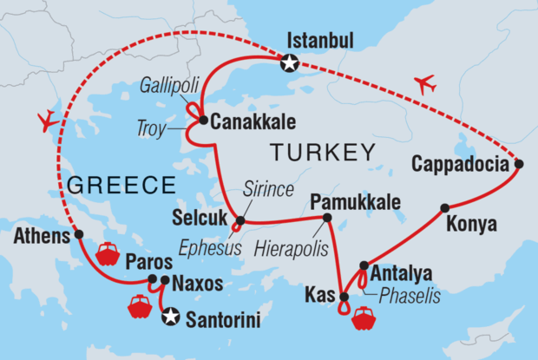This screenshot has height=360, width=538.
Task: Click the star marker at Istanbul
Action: coord(290,62)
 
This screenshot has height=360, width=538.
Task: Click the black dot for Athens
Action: coord(79,234)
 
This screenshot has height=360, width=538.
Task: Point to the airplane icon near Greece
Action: coord(49,120)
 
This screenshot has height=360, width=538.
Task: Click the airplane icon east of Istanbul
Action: coord(424,85)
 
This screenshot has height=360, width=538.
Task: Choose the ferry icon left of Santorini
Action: coord(140,306)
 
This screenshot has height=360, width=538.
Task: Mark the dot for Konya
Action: coord(444,207)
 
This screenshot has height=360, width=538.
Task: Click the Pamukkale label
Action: coord(359,202)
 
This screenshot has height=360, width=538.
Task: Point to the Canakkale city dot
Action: coord(202,121)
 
